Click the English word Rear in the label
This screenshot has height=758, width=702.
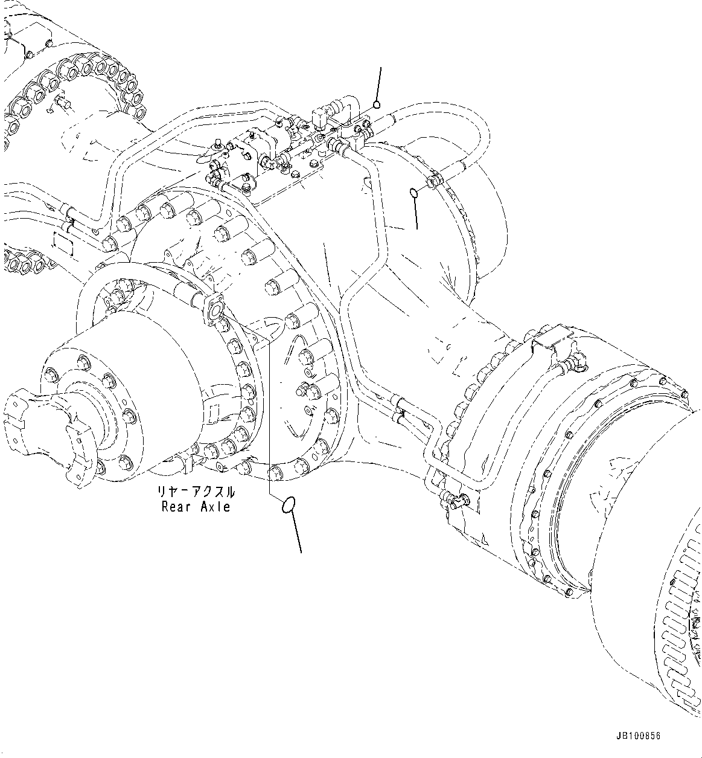[x=175, y=507]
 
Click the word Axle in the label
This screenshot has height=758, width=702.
[x=214, y=507]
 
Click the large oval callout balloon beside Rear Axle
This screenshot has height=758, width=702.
[x=289, y=504]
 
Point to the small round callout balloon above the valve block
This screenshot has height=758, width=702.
[x=377, y=104]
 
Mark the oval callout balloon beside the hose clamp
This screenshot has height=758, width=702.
[x=413, y=192]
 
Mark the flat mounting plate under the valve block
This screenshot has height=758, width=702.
[x=302, y=175]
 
